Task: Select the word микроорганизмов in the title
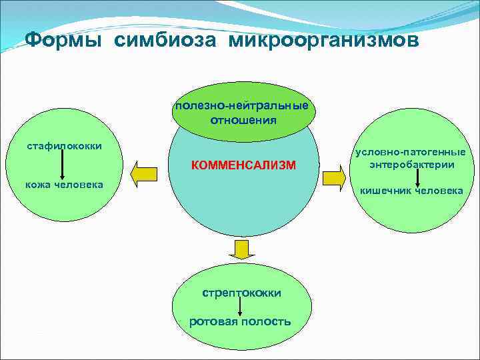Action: [325, 41]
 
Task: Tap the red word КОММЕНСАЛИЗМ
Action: [243, 165]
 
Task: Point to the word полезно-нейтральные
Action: [243, 107]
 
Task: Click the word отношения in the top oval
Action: [243, 121]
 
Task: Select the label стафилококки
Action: [64, 145]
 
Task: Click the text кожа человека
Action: [64, 184]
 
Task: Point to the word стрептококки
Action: [241, 293]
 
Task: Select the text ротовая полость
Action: [240, 321]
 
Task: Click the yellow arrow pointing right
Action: [333, 177]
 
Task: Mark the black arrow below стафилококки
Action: [63, 164]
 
